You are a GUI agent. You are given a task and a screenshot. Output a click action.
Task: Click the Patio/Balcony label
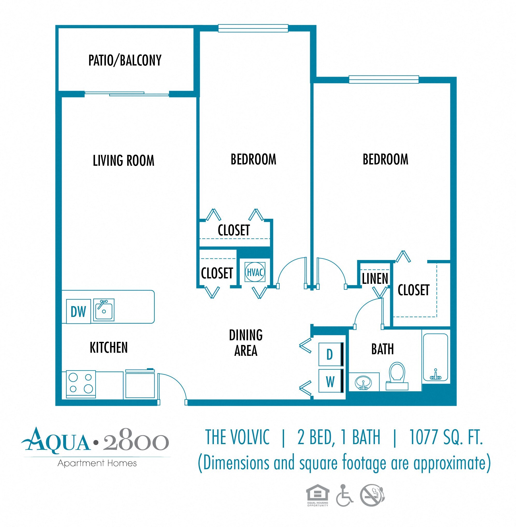(x=125, y=60)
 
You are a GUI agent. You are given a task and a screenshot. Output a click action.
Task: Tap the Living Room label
(x=123, y=160)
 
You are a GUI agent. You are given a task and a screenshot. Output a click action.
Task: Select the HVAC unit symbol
(x=255, y=272)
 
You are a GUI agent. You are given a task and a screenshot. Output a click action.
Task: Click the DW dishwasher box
(x=78, y=311)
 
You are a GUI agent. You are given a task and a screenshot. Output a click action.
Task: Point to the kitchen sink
(x=104, y=310)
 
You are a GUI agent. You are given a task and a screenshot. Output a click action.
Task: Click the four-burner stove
(x=81, y=383)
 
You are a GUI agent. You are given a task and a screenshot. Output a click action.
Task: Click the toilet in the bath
(x=397, y=375)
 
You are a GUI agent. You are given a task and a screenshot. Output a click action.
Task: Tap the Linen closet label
(x=375, y=278)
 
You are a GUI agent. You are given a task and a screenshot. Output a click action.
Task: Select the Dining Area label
(x=246, y=343)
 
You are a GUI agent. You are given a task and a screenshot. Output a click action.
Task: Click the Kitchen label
(x=109, y=347)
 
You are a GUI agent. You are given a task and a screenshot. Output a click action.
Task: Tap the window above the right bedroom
(x=383, y=79)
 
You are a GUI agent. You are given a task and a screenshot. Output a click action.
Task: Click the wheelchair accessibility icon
(x=344, y=496)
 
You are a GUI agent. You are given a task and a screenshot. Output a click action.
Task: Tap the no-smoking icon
(x=372, y=495)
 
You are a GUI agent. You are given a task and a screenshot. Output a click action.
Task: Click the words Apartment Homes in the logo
(x=97, y=463)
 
